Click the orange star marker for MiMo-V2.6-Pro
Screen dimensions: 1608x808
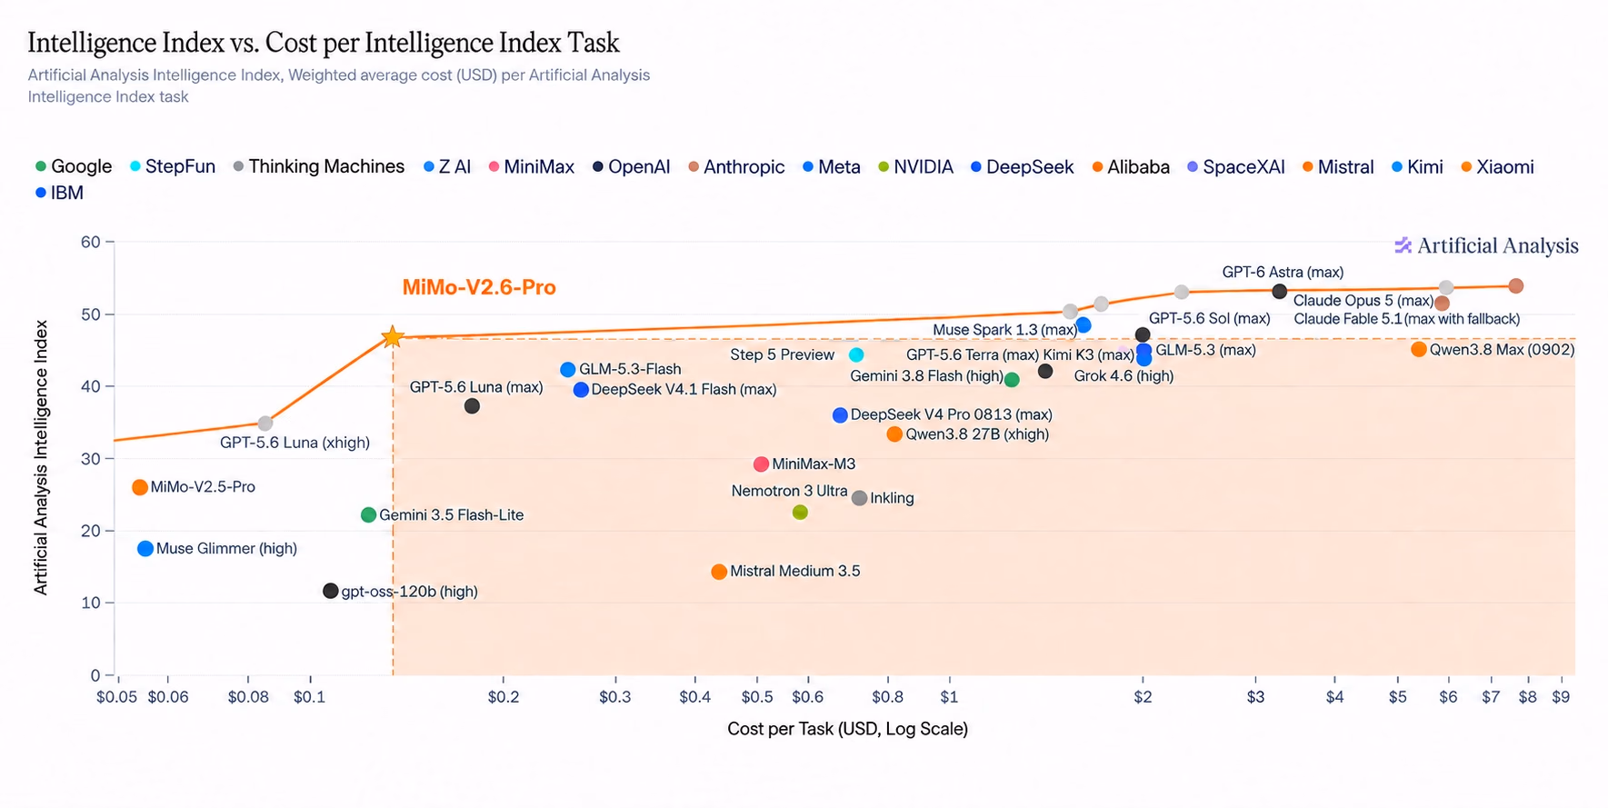click(x=392, y=337)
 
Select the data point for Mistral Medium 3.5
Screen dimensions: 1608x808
click(x=719, y=572)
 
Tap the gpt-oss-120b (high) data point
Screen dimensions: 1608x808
click(x=331, y=591)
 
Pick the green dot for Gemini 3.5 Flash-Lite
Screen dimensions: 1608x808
click(x=368, y=515)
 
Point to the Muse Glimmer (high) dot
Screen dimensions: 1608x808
click(x=145, y=549)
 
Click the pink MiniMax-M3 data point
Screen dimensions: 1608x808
click(x=762, y=464)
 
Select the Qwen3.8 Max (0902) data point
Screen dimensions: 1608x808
click(x=1419, y=350)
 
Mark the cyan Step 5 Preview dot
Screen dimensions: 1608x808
click(x=856, y=354)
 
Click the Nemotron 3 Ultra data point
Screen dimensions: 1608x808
click(x=800, y=513)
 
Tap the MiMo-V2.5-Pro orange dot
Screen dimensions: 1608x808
click(x=140, y=487)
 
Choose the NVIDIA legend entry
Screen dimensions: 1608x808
click(x=915, y=167)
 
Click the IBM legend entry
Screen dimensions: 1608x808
click(x=59, y=194)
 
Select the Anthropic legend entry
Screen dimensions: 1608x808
click(x=736, y=167)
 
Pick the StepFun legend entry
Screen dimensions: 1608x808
click(x=173, y=167)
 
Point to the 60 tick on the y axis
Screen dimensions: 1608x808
click(x=90, y=243)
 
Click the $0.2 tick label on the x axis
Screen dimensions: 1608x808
click(x=504, y=697)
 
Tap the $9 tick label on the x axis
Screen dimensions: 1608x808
click(x=1561, y=697)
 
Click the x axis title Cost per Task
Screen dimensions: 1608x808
click(x=847, y=729)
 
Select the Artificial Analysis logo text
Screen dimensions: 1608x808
click(x=1487, y=245)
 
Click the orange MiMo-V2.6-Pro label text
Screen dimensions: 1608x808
click(x=479, y=287)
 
